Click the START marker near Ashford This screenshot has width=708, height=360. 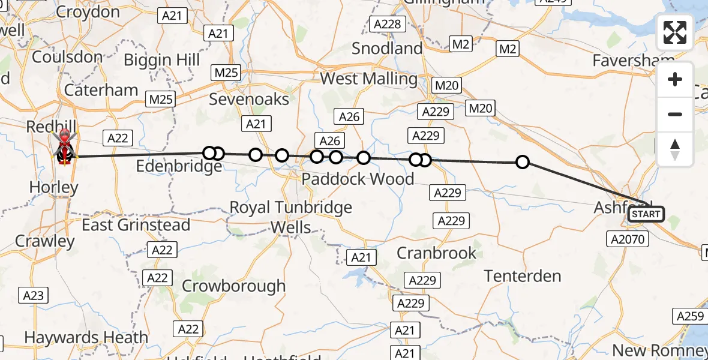646,214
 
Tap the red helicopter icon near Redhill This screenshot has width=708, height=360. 64,147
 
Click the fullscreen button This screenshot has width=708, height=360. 675,32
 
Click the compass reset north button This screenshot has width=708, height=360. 675,149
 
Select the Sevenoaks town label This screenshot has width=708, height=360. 249,99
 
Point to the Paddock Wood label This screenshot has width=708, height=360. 358,179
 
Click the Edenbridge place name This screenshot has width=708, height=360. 179,166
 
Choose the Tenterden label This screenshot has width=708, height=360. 523,276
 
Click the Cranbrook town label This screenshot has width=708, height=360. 436,253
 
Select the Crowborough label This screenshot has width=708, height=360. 233,286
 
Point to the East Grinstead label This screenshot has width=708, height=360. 136,225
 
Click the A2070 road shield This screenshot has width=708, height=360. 628,239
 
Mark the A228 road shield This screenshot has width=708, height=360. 387,24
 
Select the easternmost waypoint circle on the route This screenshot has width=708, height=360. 523,162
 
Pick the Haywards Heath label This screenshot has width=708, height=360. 86,338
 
